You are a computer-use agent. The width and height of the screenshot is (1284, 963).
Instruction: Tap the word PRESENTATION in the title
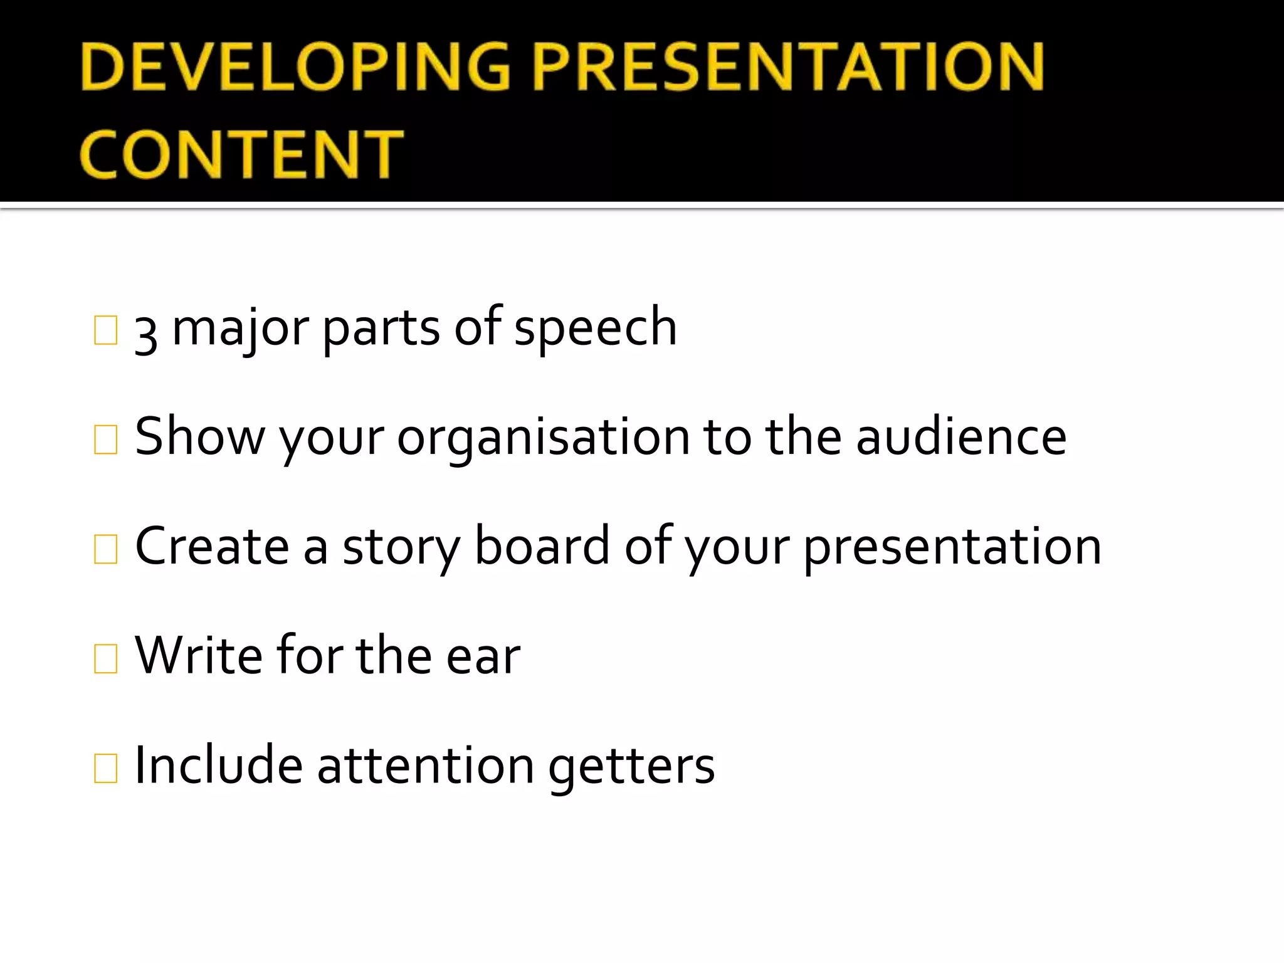click(x=789, y=67)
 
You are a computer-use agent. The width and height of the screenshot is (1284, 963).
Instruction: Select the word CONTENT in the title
click(x=241, y=154)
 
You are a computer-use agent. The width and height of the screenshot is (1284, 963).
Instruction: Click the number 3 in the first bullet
click(x=146, y=333)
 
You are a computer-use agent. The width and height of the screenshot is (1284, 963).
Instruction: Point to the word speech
click(x=595, y=329)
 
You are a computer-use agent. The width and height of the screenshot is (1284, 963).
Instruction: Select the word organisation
click(x=544, y=439)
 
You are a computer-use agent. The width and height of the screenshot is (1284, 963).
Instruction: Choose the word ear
click(x=483, y=658)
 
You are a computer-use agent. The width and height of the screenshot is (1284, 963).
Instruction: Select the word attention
click(x=426, y=766)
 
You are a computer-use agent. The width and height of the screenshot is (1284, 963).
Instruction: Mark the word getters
click(x=631, y=769)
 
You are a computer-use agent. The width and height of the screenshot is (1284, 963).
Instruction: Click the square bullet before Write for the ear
click(x=105, y=658)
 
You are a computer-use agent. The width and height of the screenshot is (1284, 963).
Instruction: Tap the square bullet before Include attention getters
click(x=105, y=768)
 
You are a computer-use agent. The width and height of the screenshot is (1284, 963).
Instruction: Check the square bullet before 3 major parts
click(x=105, y=330)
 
